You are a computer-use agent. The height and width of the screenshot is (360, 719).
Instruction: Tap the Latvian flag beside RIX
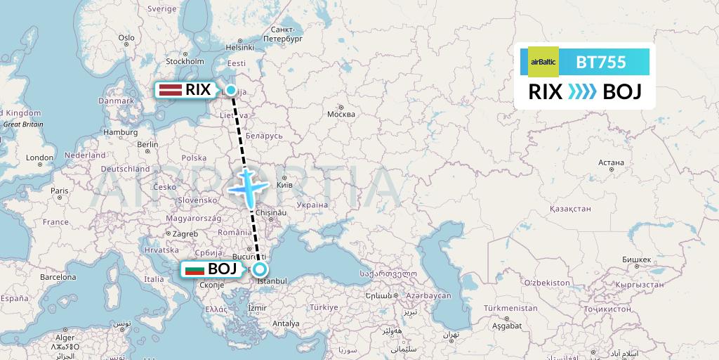pyautogui.click(x=170, y=90)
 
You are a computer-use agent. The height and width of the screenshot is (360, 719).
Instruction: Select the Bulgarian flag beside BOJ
pyautogui.click(x=193, y=269)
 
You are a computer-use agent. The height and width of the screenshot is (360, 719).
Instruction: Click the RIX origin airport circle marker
pyautogui.click(x=230, y=90)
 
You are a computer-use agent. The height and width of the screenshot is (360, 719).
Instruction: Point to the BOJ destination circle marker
pyautogui.click(x=260, y=269)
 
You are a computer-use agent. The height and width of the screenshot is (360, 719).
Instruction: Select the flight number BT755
pyautogui.click(x=601, y=62)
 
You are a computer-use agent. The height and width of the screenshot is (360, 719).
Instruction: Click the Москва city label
pyautogui.click(x=341, y=114)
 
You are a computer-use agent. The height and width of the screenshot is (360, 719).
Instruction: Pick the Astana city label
pyautogui.click(x=612, y=162)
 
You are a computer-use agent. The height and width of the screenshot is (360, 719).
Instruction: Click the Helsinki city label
pyautogui.click(x=239, y=48)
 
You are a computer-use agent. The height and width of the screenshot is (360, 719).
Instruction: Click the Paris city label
pyautogui.click(x=59, y=191)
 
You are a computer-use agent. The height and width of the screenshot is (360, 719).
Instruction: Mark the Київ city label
pyautogui.click(x=285, y=185)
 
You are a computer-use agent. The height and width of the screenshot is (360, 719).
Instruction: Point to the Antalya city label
pyautogui.click(x=285, y=323)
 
